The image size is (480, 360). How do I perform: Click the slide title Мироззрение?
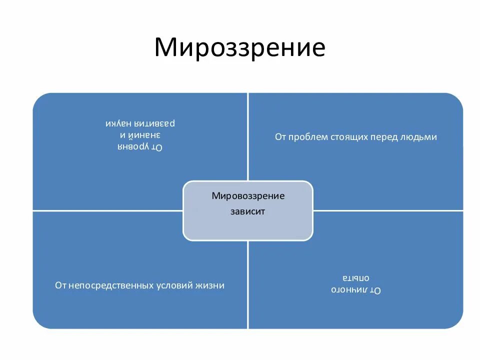(x=239, y=47)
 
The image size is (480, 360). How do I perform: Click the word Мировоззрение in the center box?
(x=248, y=196)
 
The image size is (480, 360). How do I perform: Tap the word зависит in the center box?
(x=247, y=211)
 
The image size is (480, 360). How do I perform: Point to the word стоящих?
(x=349, y=136)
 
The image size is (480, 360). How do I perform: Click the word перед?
(x=384, y=136)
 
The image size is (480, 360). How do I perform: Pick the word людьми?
(x=418, y=136)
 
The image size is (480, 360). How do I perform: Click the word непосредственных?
(x=111, y=285)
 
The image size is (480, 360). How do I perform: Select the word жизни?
(x=211, y=285)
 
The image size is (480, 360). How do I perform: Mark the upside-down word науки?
(x=119, y=123)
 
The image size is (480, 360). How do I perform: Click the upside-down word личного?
(x=349, y=289)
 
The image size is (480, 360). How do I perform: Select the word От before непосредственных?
(x=60, y=285)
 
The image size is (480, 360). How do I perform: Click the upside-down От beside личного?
(x=375, y=289)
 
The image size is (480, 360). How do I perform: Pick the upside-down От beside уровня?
(x=158, y=146)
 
